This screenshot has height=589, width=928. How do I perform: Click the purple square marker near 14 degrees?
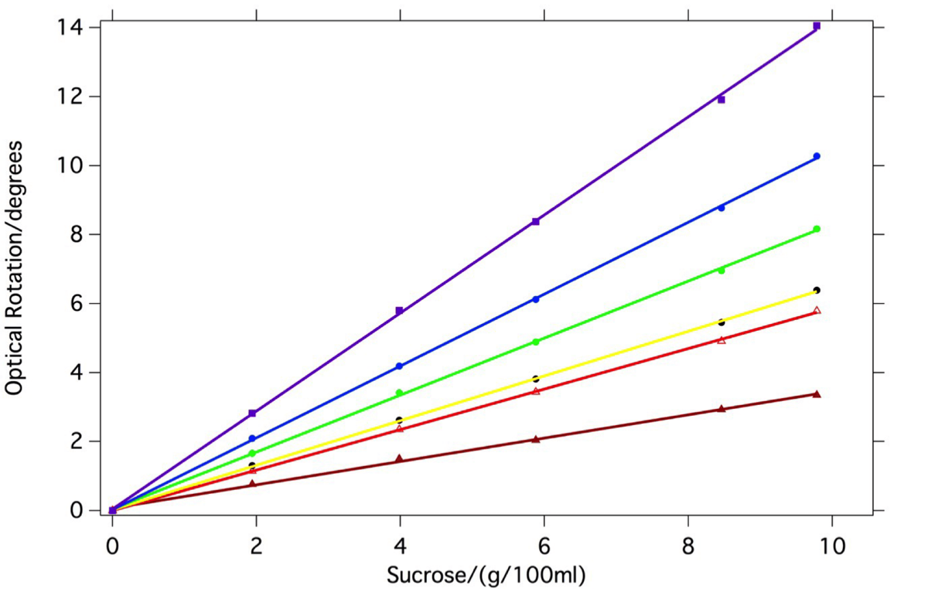coord(817,26)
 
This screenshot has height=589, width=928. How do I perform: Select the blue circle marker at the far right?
coord(817,156)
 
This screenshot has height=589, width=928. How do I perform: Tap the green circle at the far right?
coord(817,229)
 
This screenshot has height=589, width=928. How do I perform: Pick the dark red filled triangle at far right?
coord(817,394)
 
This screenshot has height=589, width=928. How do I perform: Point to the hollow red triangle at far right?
coord(817,311)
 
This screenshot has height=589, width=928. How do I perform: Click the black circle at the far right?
coord(817,291)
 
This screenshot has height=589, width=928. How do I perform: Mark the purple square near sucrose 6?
coord(536,222)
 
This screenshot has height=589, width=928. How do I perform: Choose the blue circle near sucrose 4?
coord(399,366)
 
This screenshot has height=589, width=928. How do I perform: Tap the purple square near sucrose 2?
coord(252,414)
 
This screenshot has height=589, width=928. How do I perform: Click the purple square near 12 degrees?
coord(721,100)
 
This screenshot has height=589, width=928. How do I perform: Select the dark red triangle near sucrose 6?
coord(536,439)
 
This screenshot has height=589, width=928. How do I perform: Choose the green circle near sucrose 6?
coord(536,342)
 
